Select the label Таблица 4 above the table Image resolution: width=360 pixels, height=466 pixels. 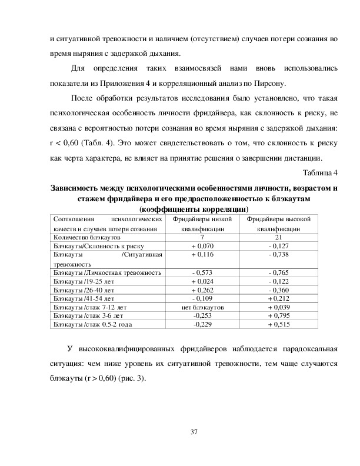(x=320, y=172)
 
